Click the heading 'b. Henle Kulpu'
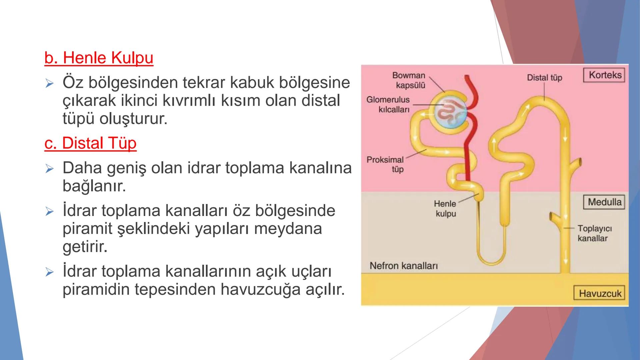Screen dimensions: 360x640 (x=99, y=58)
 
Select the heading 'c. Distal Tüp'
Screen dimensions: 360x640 (x=90, y=143)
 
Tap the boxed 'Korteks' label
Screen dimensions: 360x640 (x=605, y=75)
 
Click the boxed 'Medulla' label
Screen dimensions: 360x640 (x=604, y=202)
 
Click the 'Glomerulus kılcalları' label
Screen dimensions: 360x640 (x=389, y=104)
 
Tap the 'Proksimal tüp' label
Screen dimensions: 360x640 (x=386, y=164)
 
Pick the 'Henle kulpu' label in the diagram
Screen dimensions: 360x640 (x=445, y=209)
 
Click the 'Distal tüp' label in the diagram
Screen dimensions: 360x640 (x=544, y=78)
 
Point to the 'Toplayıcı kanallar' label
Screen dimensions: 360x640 (x=594, y=233)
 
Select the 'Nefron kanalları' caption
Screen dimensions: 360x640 (x=403, y=266)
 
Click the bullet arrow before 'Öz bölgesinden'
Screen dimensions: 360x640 (x=49, y=83)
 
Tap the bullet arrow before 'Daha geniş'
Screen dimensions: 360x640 (x=49, y=168)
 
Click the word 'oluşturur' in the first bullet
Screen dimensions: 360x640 (x=133, y=119)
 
